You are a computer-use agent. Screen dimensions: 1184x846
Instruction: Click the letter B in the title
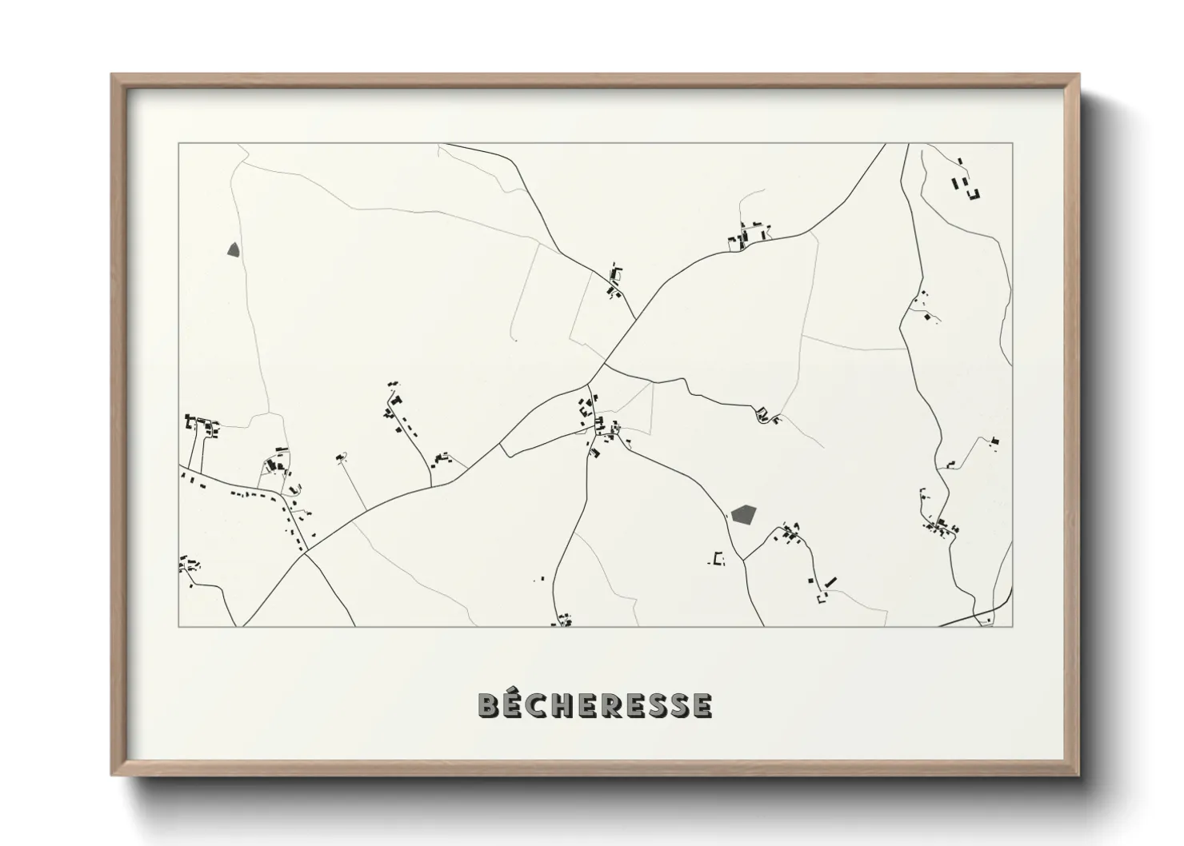coord(490,705)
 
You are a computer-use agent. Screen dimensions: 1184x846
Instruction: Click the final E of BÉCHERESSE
coord(702,705)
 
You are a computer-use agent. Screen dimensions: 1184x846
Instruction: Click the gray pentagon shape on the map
coord(743,514)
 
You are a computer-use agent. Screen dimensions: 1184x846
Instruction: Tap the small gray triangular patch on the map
coord(234,249)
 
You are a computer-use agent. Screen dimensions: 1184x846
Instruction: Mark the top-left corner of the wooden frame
coord(112,75)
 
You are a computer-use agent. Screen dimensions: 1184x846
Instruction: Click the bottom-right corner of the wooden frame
coord(1079,776)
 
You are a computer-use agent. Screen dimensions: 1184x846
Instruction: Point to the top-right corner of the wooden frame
coord(1079,75)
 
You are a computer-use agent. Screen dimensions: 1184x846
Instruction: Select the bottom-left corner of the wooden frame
coord(112,776)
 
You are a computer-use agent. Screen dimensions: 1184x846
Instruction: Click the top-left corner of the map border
coord(178,144)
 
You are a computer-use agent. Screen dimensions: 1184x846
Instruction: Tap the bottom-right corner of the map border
coord(1013,626)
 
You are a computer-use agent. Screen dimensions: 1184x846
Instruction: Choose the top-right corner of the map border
coord(1013,144)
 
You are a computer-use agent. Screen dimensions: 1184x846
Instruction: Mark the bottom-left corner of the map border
coord(178,626)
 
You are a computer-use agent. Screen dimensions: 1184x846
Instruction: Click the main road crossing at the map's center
coord(604,365)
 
